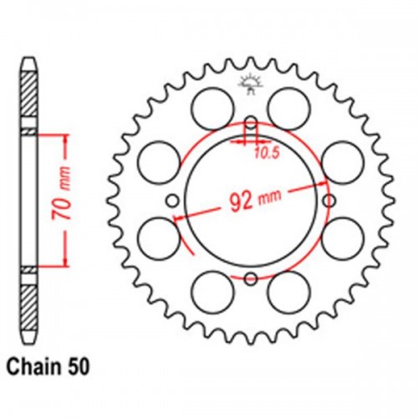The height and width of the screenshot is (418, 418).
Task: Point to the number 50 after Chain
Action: pyautogui.click(x=86, y=366)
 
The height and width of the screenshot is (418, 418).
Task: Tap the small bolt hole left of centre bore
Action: pyautogui.click(x=173, y=201)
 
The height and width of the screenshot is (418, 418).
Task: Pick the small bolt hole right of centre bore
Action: pyautogui.click(x=329, y=201)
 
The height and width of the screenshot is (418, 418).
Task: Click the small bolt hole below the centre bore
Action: pyautogui.click(x=251, y=278)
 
